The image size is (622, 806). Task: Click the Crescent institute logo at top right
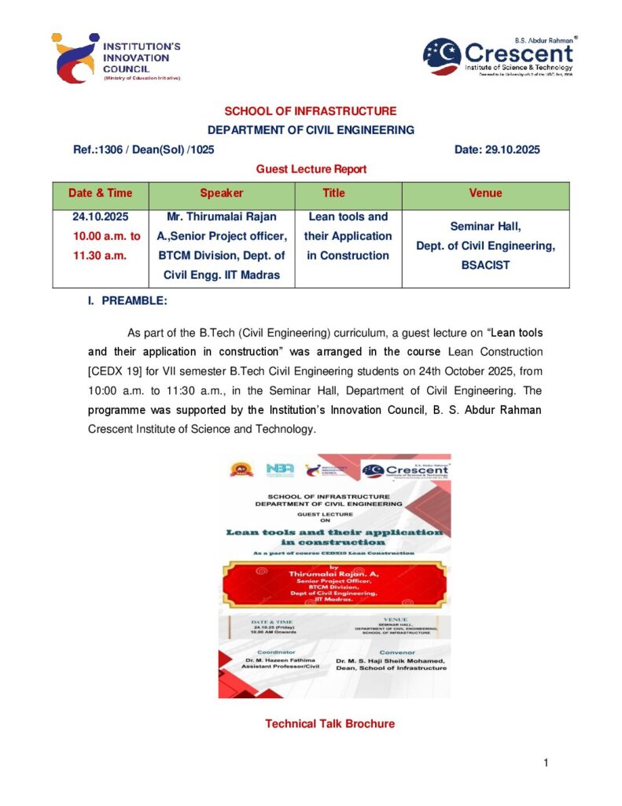[x=499, y=57]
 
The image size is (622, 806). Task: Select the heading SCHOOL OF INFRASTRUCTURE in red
[x=311, y=112]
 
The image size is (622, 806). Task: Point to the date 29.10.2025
[x=508, y=150]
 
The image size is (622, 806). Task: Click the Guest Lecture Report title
[x=311, y=168]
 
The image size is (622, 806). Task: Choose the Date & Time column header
[x=101, y=193]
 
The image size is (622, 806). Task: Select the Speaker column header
[x=222, y=193]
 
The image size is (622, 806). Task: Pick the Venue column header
[x=485, y=193]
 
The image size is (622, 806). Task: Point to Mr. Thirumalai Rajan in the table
[x=222, y=216]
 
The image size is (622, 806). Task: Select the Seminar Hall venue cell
[x=485, y=226]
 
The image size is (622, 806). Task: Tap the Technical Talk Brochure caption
[x=329, y=723]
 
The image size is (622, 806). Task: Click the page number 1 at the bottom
[x=546, y=763]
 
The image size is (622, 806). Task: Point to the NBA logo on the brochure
[x=280, y=469]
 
